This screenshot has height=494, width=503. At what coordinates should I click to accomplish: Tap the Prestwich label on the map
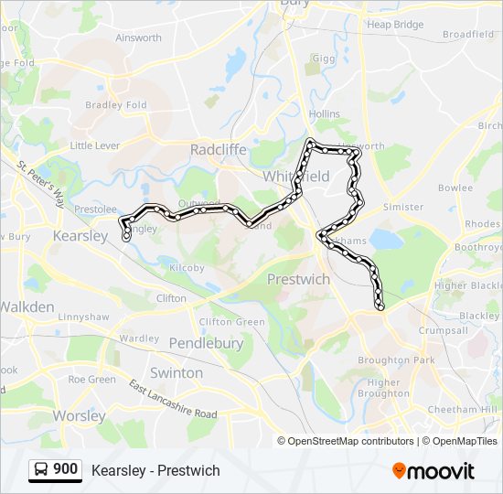click(x=298, y=279)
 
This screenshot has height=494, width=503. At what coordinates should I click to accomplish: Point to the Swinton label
click(x=177, y=372)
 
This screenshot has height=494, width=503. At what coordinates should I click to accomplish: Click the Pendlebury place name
click(x=207, y=343)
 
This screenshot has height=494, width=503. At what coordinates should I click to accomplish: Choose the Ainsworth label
click(x=138, y=38)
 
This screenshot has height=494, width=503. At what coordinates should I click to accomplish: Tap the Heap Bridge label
click(x=395, y=25)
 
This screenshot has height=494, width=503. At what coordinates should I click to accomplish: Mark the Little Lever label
click(x=95, y=145)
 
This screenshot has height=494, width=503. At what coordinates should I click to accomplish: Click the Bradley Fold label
click(x=116, y=105)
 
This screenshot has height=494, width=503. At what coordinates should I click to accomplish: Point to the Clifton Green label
click(x=232, y=322)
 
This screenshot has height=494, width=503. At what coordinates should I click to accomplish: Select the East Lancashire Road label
click(x=173, y=399)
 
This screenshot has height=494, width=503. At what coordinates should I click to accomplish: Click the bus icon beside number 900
click(x=42, y=470)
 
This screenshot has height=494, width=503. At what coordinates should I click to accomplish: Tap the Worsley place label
click(x=79, y=416)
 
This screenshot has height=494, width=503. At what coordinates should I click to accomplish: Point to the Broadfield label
click(x=469, y=35)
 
